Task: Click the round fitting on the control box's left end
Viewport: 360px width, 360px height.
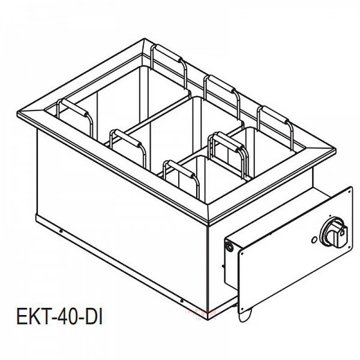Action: click(x=228, y=245)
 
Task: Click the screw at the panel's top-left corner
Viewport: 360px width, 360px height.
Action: click(x=228, y=245)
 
